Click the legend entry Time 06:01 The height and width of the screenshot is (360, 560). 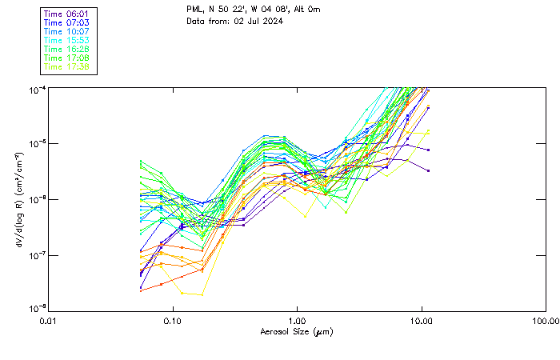(x=67, y=14)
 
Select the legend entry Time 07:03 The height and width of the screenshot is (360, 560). (x=67, y=22)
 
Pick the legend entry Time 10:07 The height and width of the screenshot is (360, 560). (x=67, y=31)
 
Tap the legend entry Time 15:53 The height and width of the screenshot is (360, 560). (x=67, y=40)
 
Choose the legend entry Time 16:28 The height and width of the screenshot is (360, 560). (x=67, y=49)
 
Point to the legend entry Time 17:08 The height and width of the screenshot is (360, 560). (x=67, y=58)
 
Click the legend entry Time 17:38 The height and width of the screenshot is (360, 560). (x=67, y=66)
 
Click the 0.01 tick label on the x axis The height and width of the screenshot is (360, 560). (x=49, y=321)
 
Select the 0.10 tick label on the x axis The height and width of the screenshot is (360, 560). (x=173, y=321)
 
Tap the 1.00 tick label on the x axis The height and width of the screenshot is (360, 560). (x=297, y=321)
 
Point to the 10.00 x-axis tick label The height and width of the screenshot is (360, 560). (x=421, y=321)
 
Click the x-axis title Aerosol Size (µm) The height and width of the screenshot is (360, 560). (x=297, y=331)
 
